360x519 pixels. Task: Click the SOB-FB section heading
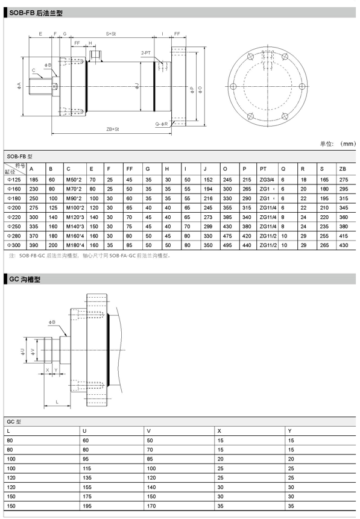pyautogui.click(x=36, y=13)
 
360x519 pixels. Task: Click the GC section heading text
pyautogui.click(x=25, y=279)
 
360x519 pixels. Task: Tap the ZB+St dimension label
pyautogui.click(x=113, y=129)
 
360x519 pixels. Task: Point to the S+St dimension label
pyautogui.click(x=111, y=34)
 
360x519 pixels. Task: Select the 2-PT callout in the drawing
pyautogui.click(x=146, y=53)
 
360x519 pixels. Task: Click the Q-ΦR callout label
pyautogui.click(x=162, y=124)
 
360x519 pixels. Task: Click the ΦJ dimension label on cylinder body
pyautogui.click(x=136, y=87)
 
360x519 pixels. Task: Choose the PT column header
pyautogui.click(x=263, y=169)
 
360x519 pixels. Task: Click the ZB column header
pyautogui.click(x=343, y=169)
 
